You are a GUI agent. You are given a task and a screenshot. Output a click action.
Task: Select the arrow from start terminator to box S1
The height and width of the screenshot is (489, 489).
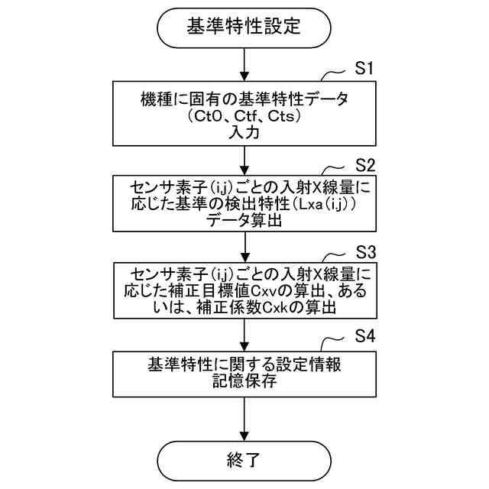pos(244,63)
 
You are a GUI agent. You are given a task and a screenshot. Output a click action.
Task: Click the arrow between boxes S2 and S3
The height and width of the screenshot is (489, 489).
pos(244,247)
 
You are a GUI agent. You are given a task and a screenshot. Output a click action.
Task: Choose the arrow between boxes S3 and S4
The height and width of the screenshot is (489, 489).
pos(244,335)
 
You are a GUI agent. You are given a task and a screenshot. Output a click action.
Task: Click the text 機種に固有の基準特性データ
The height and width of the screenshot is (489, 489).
pos(244,99)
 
